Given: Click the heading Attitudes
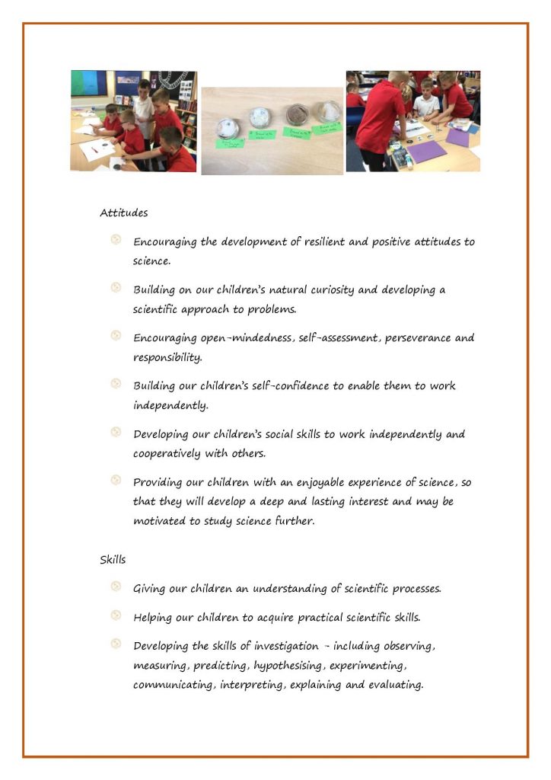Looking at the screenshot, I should click(123, 213).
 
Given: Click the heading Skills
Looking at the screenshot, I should click(113, 559).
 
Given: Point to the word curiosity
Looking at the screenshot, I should click(344, 289).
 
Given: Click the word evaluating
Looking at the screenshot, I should click(390, 685).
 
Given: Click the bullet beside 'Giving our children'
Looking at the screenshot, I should click(116, 586).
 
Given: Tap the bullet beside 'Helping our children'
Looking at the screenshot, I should click(116, 615).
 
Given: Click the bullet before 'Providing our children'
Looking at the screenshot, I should click(116, 479).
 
